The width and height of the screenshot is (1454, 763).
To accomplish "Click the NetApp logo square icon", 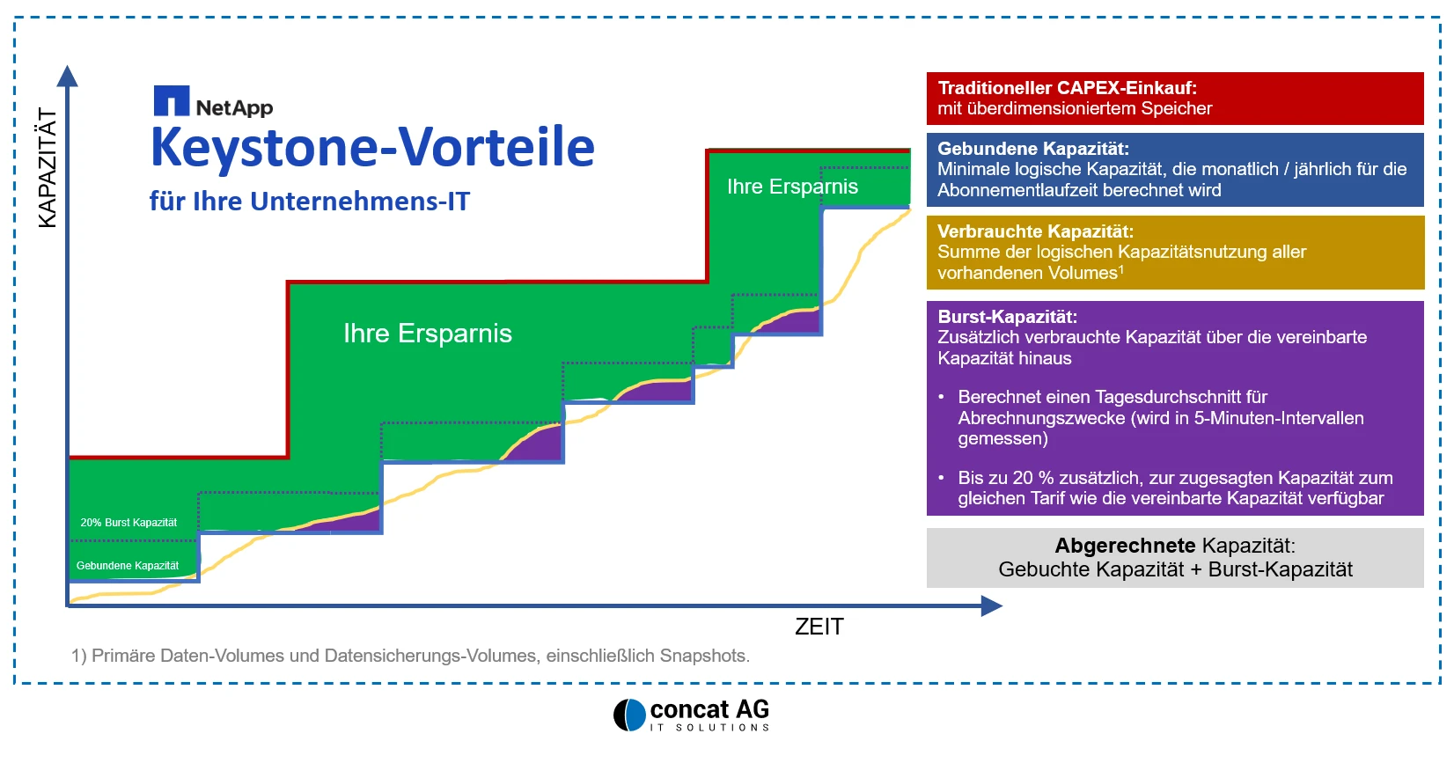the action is pyautogui.click(x=172, y=100).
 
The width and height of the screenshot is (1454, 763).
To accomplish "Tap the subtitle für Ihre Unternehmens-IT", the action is pyautogui.click(x=310, y=202).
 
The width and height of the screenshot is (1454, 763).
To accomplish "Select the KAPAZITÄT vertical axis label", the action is pyautogui.click(x=48, y=168).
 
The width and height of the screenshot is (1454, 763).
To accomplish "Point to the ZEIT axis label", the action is pyautogui.click(x=819, y=627).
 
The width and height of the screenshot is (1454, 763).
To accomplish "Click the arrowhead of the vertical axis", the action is pyautogui.click(x=68, y=76).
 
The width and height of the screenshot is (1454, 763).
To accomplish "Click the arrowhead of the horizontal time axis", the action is pyautogui.click(x=991, y=606).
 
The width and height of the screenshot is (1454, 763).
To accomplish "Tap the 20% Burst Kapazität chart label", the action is pyautogui.click(x=129, y=522).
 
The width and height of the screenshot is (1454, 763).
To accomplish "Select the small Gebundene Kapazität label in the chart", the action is pyautogui.click(x=128, y=565).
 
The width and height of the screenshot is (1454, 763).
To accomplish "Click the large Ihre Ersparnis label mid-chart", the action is pyautogui.click(x=428, y=334).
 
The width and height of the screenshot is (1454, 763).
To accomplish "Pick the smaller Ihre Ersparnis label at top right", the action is pyautogui.click(x=792, y=187).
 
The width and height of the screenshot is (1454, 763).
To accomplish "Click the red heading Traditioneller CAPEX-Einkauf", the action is pyautogui.click(x=1067, y=88).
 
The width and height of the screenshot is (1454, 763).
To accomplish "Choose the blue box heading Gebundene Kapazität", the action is pyautogui.click(x=1033, y=149).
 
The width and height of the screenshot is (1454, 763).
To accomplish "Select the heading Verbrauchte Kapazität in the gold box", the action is pyautogui.click(x=1035, y=231).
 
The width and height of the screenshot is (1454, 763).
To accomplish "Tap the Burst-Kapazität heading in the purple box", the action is pyautogui.click(x=1008, y=317).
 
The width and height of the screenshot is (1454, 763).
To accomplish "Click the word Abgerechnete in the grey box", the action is pyautogui.click(x=1125, y=546).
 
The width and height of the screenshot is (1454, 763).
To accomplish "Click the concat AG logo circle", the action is pyautogui.click(x=629, y=715).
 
